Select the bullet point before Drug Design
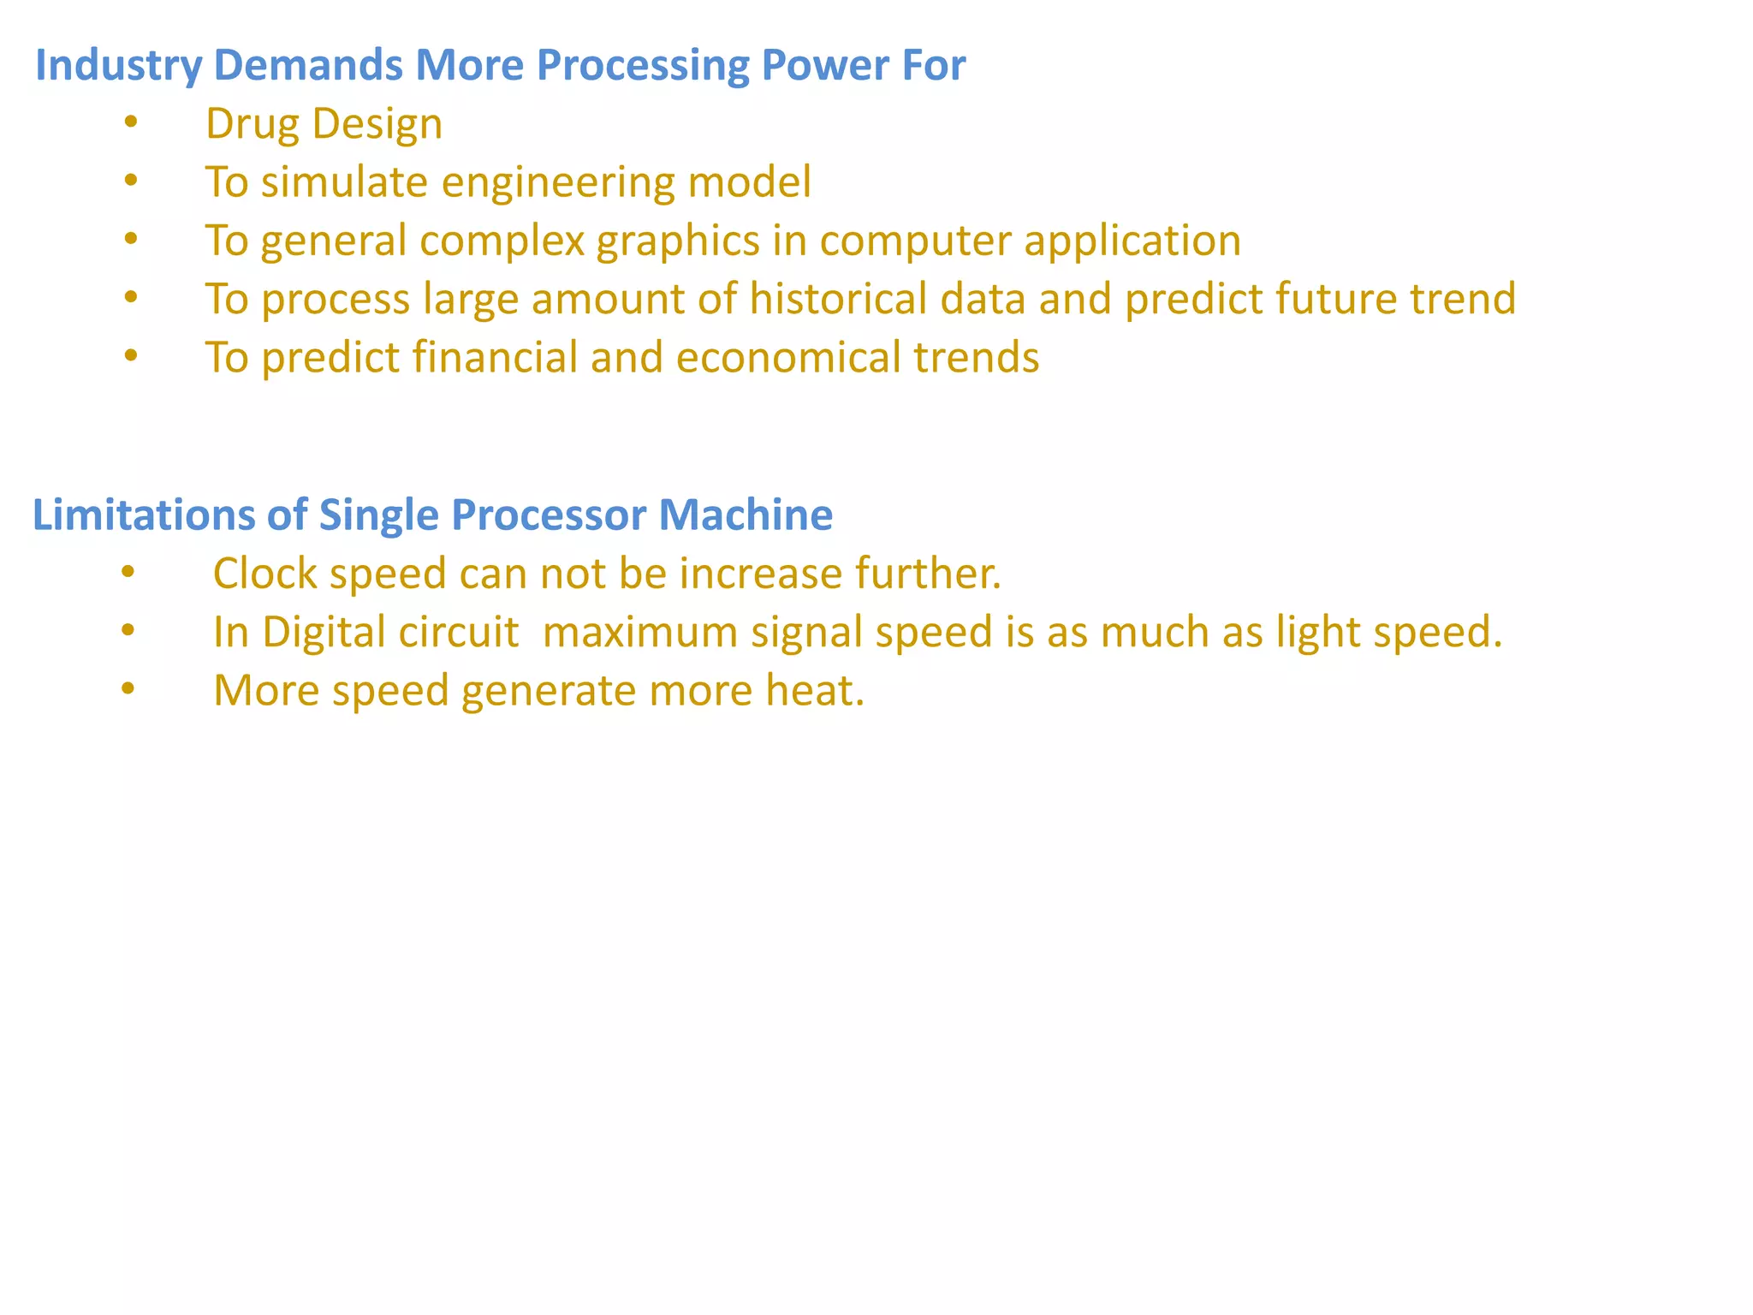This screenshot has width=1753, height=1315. pyautogui.click(x=130, y=122)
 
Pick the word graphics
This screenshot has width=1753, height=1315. pyautogui.click(x=677, y=241)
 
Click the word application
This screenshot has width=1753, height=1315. pyautogui.click(x=1132, y=241)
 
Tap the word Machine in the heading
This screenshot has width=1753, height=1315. pyautogui.click(x=746, y=515)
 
